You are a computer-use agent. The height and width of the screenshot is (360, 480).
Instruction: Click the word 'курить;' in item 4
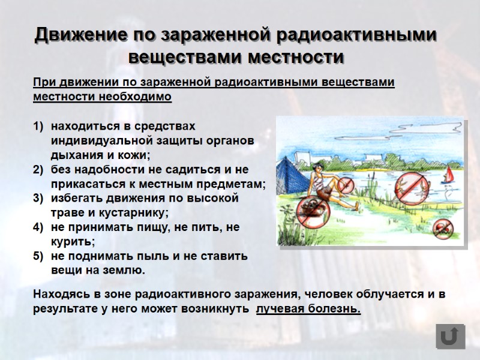point(73,242)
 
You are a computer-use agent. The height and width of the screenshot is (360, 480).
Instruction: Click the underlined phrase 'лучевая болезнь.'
point(308,309)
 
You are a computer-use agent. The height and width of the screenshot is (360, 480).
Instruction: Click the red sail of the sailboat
point(448,175)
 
